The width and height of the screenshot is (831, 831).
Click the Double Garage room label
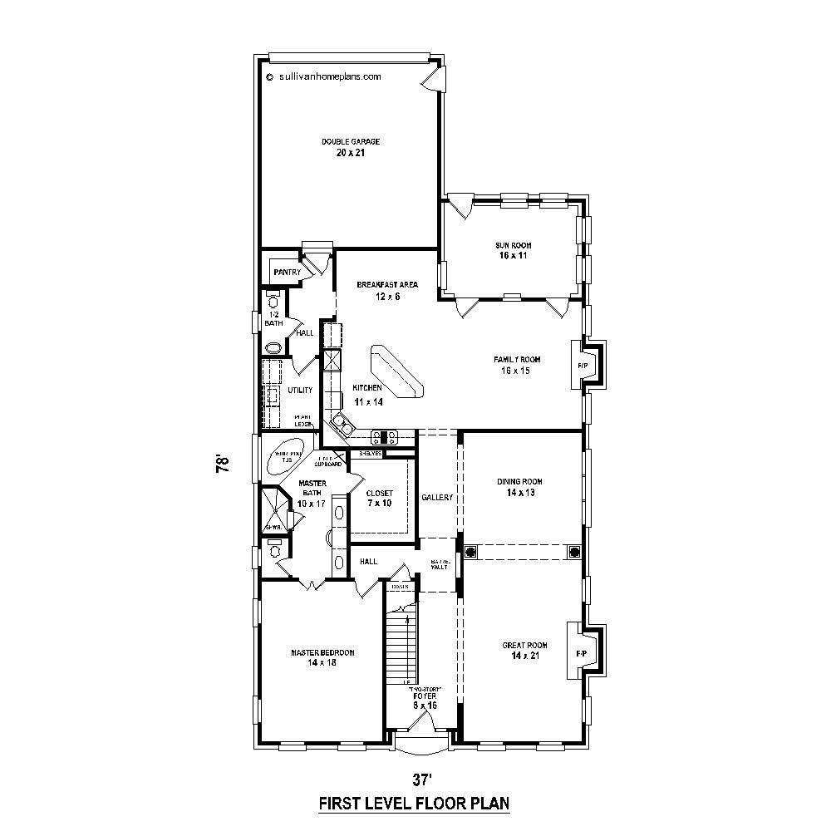pyautogui.click(x=344, y=147)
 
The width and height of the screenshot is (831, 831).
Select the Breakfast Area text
pyautogui.click(x=387, y=290)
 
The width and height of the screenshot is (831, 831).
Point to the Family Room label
pyautogui.click(x=517, y=365)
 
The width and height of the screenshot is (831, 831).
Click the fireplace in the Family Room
pyautogui.click(x=583, y=366)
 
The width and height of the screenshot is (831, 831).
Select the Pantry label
pyautogui.click(x=287, y=272)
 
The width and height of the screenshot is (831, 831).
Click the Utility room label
pyautogui.click(x=300, y=390)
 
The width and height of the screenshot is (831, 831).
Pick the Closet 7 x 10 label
pyautogui.click(x=380, y=499)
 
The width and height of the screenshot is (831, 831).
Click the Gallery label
pyautogui.click(x=437, y=498)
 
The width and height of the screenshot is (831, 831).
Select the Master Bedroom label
pyautogui.click(x=322, y=657)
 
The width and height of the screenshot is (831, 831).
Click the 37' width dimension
pyautogui.click(x=423, y=779)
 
